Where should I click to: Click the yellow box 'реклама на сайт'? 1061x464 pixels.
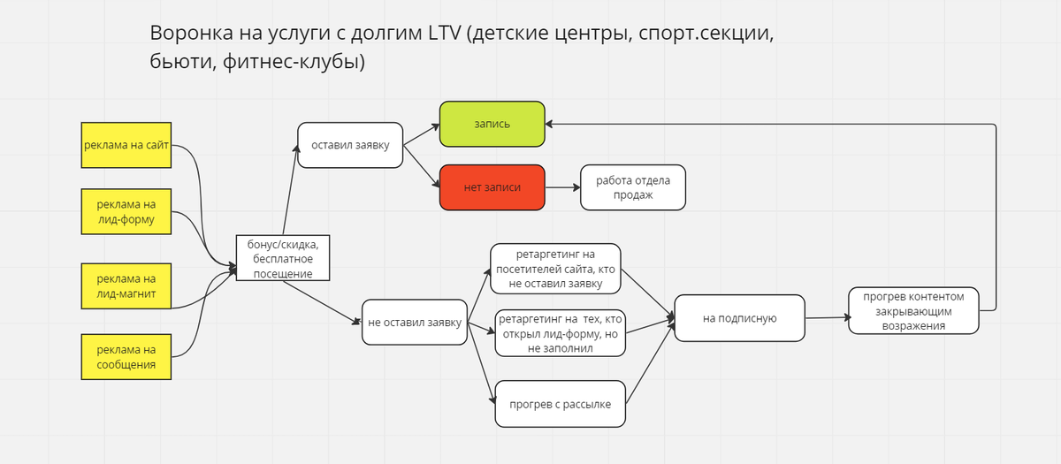[x=126, y=146]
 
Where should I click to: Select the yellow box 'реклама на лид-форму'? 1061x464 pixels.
[x=126, y=212]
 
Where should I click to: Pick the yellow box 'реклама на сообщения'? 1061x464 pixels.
[x=126, y=357]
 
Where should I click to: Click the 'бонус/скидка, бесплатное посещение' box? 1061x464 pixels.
[x=283, y=257]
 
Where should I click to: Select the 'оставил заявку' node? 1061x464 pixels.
[x=350, y=144]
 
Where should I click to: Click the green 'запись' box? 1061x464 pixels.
[x=492, y=124]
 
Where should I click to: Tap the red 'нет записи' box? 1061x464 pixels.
[x=492, y=187]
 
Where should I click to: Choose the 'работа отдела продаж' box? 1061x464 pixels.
[x=633, y=187]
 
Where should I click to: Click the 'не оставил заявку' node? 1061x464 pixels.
[x=415, y=323]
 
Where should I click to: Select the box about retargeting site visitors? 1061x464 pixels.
[x=556, y=269]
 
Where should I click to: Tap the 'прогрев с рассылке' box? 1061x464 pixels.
[x=561, y=404]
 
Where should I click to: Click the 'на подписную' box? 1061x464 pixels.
[x=739, y=318]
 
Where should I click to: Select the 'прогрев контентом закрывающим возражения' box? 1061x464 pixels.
[x=913, y=310]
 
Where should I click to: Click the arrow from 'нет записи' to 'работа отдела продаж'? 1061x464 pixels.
[x=562, y=187]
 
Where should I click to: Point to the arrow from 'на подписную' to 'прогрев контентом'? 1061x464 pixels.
[x=827, y=317]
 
